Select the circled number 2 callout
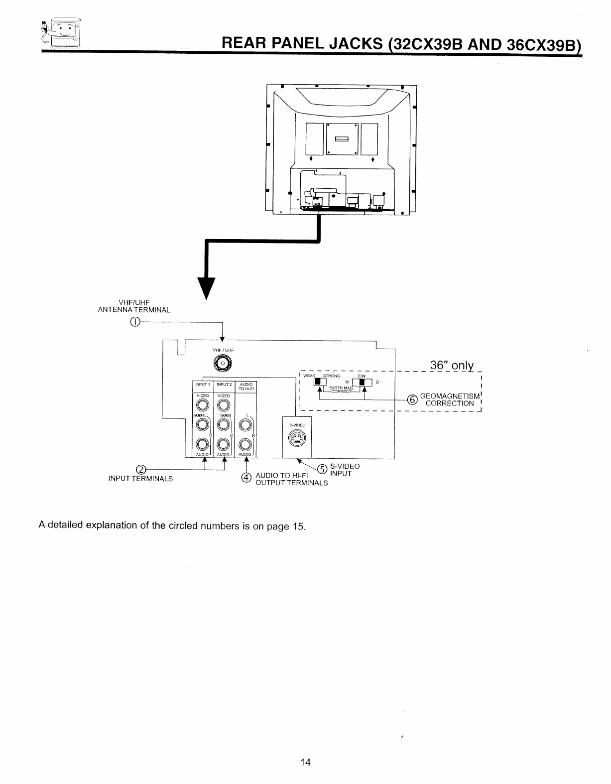(141, 470)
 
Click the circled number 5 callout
(322, 469)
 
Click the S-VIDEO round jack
(297, 438)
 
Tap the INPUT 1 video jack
(203, 405)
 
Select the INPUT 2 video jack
(224, 405)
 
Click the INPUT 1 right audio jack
(203, 444)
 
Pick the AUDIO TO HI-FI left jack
(245, 425)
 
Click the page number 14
(305, 762)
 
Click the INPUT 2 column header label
(224, 384)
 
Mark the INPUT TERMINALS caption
(140, 479)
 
